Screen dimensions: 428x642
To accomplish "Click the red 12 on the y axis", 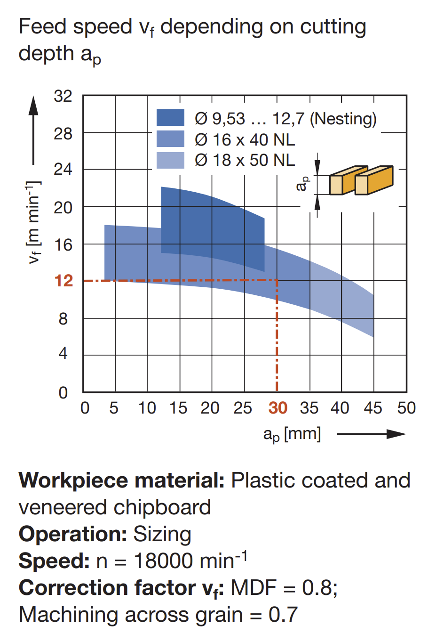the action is [x=63, y=281].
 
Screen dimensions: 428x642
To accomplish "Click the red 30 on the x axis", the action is [x=277, y=408].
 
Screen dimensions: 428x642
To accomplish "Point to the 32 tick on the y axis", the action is [x=63, y=96].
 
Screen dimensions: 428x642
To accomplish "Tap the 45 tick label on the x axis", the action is [x=373, y=408].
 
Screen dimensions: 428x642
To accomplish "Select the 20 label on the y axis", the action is [x=63, y=208].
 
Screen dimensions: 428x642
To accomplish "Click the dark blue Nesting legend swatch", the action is [x=170, y=117].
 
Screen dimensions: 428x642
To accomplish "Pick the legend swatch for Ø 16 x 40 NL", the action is [x=170, y=139].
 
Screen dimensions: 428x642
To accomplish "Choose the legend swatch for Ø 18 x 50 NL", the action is [x=170, y=160].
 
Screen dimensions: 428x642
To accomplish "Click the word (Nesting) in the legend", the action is [x=343, y=119].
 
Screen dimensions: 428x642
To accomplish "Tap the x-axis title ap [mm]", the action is [x=292, y=434].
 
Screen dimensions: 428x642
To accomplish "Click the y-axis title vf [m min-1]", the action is [x=34, y=222].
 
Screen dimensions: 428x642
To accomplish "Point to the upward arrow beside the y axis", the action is [x=33, y=130].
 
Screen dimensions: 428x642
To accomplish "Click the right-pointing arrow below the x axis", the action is [x=372, y=434].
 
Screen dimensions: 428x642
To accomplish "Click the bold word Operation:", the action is [x=73, y=534].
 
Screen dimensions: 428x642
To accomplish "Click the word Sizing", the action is [x=162, y=535].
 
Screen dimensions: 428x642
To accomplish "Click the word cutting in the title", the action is [x=333, y=27].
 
